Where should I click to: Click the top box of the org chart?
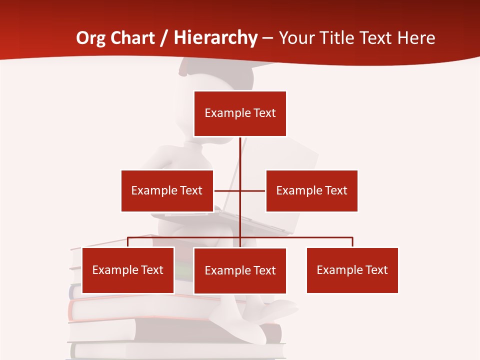[x=240, y=113]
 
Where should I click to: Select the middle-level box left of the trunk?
[x=167, y=190]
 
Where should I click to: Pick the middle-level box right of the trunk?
[x=311, y=190]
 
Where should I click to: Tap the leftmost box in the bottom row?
[x=128, y=270]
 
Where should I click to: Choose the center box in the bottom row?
[x=240, y=270]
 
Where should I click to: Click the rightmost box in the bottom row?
[x=352, y=270]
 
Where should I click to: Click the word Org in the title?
[x=91, y=38]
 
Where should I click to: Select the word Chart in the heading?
[x=133, y=38]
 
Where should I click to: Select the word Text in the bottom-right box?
[x=376, y=270]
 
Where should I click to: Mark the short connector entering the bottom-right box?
[x=352, y=242]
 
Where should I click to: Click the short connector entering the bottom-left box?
[x=128, y=242]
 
